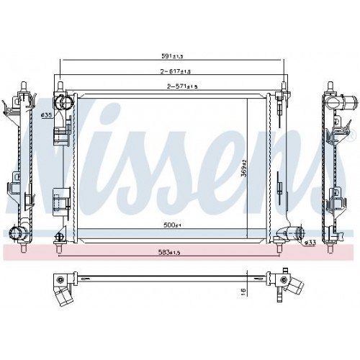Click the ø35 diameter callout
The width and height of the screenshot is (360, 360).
45,114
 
